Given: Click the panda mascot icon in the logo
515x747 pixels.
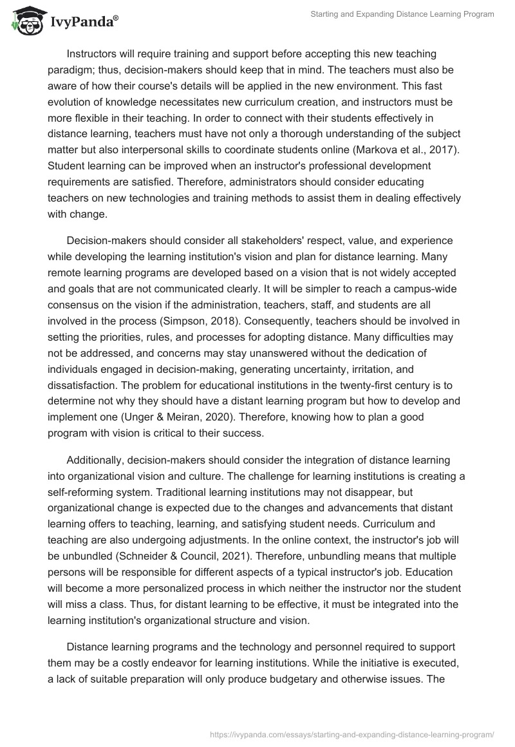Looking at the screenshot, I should pyautogui.click(x=24, y=21).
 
